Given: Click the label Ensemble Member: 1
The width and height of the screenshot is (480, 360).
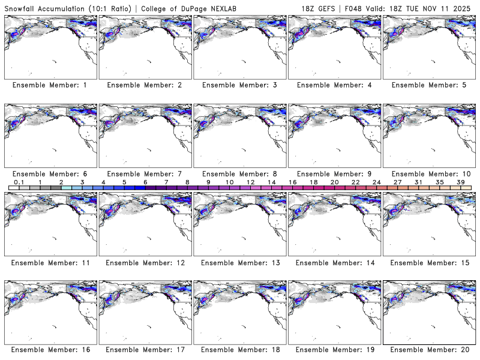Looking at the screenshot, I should click(50, 85).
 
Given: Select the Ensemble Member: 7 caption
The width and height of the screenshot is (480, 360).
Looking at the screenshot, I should click(145, 173).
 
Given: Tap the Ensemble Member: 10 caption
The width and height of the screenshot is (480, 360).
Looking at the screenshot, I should click(428, 173).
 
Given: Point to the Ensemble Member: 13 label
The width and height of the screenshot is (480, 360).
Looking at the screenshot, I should click(239, 262).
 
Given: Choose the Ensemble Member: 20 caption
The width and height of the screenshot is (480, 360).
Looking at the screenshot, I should click(428, 350).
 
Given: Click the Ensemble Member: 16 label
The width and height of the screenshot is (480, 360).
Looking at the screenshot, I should click(50, 350).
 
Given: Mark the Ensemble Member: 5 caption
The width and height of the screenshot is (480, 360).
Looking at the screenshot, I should click(428, 85).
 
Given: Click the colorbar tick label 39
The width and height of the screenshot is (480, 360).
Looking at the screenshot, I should click(460, 182).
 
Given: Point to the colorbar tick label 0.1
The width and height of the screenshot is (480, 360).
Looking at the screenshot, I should click(19, 182).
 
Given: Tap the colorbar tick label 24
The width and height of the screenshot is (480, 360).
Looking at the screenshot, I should click(376, 182).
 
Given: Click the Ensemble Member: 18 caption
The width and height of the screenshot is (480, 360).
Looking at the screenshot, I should click(239, 350).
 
